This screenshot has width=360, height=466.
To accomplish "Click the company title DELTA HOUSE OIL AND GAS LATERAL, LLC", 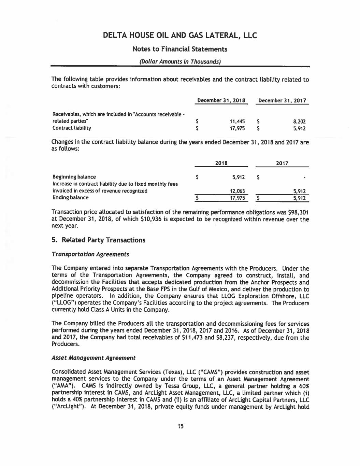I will [180, 36].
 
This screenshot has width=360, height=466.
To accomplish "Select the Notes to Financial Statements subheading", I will [180, 49].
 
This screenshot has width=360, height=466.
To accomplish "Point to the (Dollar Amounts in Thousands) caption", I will [180, 62].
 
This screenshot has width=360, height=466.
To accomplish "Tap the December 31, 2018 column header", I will [221, 101].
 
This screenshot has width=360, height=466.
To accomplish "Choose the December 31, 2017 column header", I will [282, 101].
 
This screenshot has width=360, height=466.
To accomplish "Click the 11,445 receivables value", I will [237, 121].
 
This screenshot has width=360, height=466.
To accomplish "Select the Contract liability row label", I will [72, 128].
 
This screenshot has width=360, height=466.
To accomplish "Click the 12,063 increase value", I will [237, 191].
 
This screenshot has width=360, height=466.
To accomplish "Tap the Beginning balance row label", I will [74, 177].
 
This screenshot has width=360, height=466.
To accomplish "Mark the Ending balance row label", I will [70, 198].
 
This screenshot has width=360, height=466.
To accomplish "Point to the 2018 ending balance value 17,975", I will [237, 198].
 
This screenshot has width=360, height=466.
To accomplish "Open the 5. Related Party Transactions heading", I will [98, 240].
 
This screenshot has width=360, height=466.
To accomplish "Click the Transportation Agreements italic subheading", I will [90, 254].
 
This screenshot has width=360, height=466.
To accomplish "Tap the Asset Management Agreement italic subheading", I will [93, 358].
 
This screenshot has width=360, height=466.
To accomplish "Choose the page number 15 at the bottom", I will [180, 426].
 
